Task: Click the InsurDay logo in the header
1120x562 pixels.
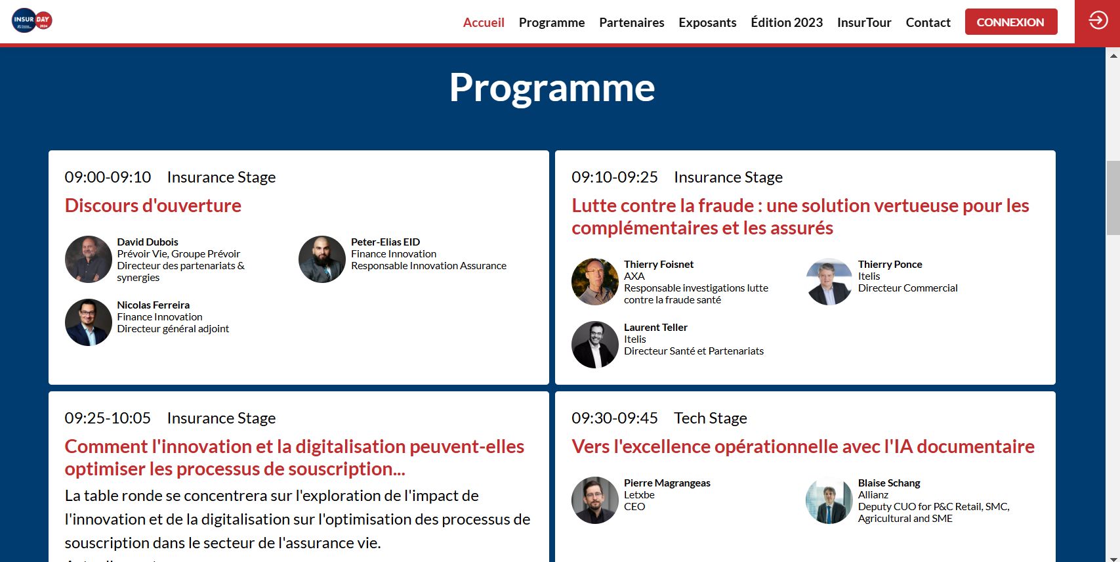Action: pyautogui.click(x=32, y=20)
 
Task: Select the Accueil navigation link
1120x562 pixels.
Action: pyautogui.click(x=484, y=22)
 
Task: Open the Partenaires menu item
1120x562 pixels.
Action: pyautogui.click(x=631, y=22)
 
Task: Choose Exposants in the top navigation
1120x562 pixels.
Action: pyautogui.click(x=707, y=22)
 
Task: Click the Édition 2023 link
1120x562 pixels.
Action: pyautogui.click(x=787, y=22)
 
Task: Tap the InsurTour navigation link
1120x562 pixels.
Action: pyautogui.click(x=864, y=22)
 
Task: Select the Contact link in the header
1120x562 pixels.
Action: pyautogui.click(x=928, y=22)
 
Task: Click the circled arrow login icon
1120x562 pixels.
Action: pyautogui.click(x=1098, y=20)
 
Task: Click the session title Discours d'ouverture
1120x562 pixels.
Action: pyautogui.click(x=153, y=205)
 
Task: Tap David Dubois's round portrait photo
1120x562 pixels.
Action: pyautogui.click(x=89, y=259)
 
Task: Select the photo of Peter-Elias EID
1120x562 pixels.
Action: pyautogui.click(x=322, y=259)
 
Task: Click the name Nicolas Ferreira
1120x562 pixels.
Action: pyautogui.click(x=154, y=305)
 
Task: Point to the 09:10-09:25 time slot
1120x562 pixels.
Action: pyautogui.click(x=615, y=177)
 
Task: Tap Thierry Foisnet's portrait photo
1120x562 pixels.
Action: pyautogui.click(x=595, y=282)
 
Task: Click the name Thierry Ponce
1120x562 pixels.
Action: pyautogui.click(x=890, y=264)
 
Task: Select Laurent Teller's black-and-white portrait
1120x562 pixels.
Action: pyautogui.click(x=595, y=345)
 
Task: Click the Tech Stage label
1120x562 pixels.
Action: pyautogui.click(x=711, y=418)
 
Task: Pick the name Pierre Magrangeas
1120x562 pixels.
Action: pyautogui.click(x=667, y=483)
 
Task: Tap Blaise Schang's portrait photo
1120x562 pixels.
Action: pyautogui.click(x=829, y=500)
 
